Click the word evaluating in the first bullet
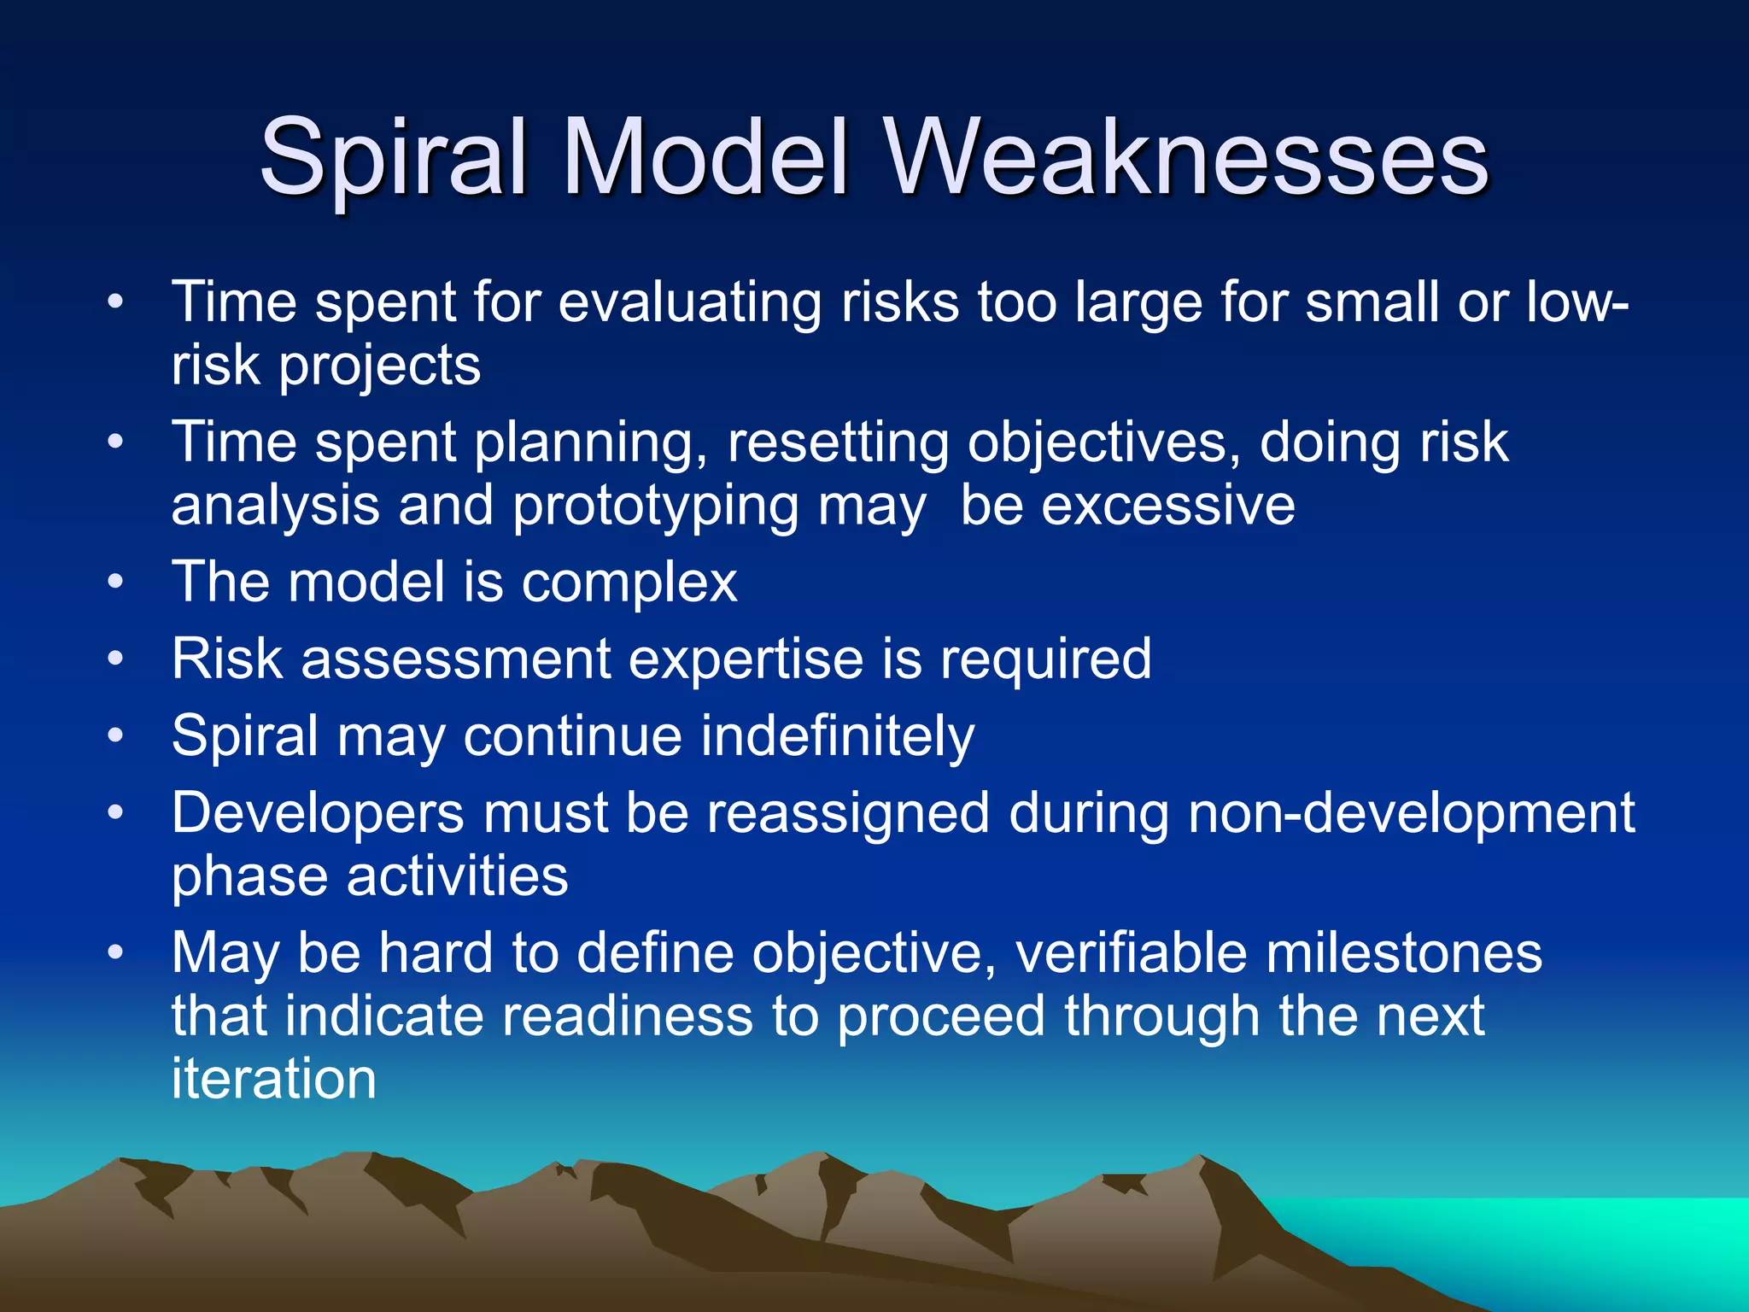689,303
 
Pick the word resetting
837,443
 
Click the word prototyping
655,507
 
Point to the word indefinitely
837,736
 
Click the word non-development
1411,814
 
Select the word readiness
627,1016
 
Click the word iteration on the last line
273,1079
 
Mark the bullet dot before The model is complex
116,582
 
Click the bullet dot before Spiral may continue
116,735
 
